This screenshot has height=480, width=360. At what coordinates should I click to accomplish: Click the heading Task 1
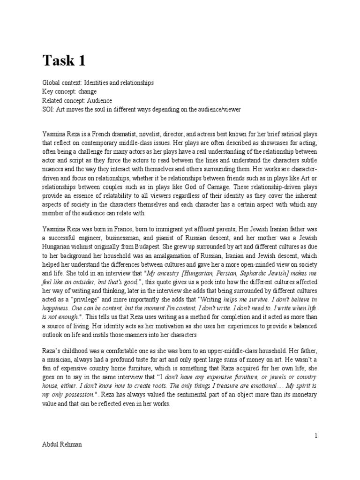[x=65, y=60]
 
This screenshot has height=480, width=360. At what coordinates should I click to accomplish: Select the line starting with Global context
[x=97, y=83]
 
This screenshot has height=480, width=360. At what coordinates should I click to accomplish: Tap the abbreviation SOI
[x=47, y=110]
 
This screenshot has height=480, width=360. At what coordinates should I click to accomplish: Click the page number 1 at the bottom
[x=316, y=435]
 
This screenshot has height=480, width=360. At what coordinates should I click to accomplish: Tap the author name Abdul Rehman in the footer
[x=62, y=444]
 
